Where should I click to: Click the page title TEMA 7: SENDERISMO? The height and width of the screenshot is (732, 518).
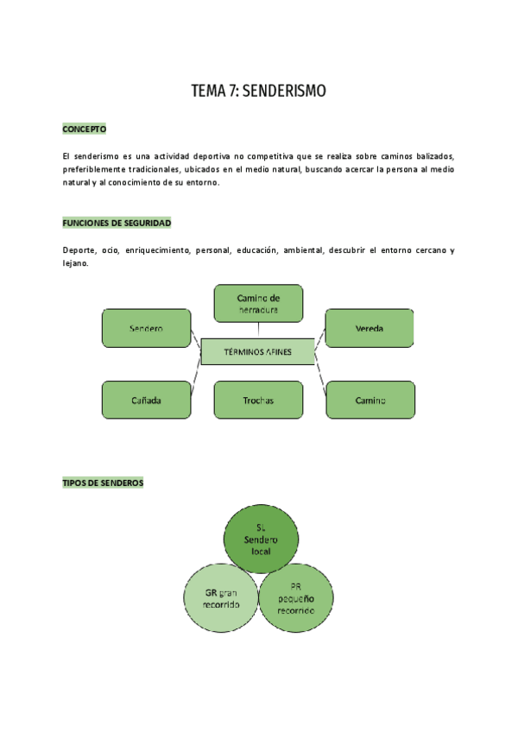pos(259,91)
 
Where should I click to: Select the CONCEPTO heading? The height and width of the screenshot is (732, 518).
pos(84,129)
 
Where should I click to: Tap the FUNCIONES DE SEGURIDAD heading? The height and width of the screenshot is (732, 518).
pos(117,224)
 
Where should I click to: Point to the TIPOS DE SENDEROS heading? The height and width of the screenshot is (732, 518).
pos(103,483)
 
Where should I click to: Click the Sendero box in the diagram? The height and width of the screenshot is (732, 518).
pos(146,329)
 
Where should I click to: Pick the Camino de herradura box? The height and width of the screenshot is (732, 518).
pos(258,304)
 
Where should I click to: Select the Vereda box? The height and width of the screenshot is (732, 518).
pos(369,329)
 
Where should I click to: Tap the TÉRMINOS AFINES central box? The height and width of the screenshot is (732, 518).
pos(257,352)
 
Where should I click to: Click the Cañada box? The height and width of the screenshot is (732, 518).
pos(146,401)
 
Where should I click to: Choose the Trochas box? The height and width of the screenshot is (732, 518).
pos(258,401)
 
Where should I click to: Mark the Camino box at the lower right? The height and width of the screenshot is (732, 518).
pos(370,401)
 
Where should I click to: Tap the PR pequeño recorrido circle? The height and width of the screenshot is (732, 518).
pos(296,597)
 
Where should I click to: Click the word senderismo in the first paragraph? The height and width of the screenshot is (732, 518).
pos(100,155)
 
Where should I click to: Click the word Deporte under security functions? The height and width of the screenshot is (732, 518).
pos(79,250)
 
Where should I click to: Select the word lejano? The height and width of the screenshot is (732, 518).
pos(75,263)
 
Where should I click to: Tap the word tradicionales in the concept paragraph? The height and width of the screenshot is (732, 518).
pos(155,169)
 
